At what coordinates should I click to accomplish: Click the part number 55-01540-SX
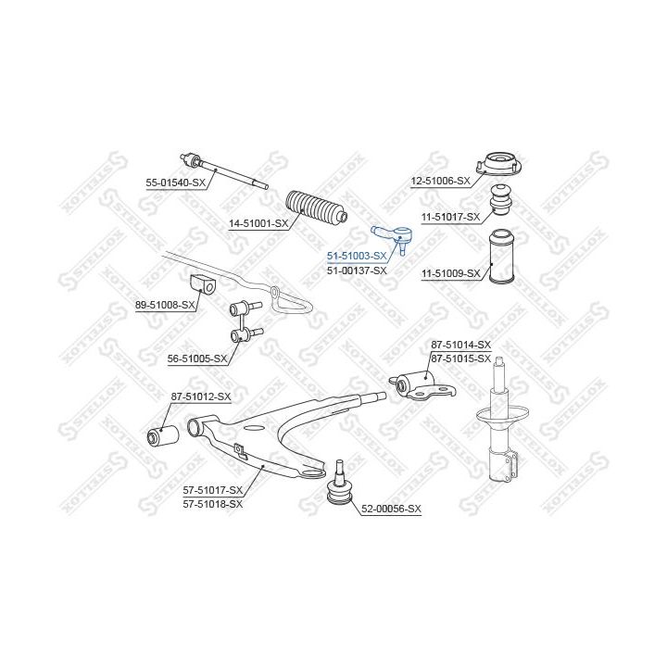[175, 182]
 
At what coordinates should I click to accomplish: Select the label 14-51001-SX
[258, 223]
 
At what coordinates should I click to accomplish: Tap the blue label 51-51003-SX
[357, 256]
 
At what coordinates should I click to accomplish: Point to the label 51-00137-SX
[357, 271]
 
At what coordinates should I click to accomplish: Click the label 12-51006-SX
[440, 182]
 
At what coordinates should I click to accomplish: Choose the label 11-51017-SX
[450, 217]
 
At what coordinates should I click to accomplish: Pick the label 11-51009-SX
[450, 273]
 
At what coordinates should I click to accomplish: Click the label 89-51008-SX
[165, 305]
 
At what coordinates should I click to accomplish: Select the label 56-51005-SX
[197, 359]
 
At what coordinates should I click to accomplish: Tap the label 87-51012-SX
[201, 396]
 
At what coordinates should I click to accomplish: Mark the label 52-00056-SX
[391, 509]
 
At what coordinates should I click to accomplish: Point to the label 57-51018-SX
[213, 504]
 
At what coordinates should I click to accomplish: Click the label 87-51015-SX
[460, 359]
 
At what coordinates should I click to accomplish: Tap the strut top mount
[498, 164]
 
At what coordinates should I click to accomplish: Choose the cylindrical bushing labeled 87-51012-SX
[163, 434]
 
